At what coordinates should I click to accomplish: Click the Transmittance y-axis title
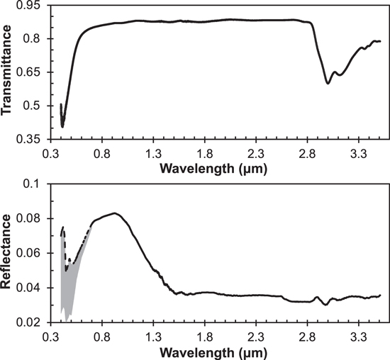(11, 72)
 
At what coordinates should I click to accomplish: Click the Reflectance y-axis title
(11, 253)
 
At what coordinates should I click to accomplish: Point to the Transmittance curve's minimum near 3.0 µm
(327, 83)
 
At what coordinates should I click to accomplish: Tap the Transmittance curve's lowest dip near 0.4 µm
(62, 127)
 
